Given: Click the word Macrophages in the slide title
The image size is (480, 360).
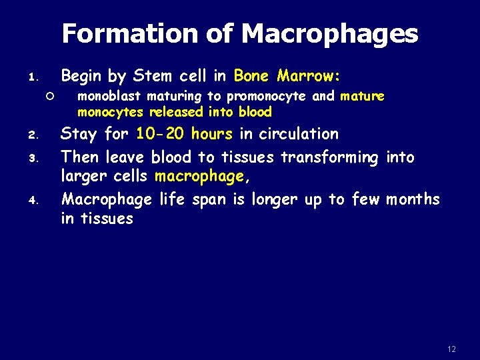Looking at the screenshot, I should pos(329,34).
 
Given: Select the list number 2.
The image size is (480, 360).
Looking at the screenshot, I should pos(38,135).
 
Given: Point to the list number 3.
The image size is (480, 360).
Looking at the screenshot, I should pos(38,159).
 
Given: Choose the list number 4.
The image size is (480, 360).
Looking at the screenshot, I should pos(38,201).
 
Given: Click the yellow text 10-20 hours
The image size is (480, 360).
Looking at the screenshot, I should pos(184,134).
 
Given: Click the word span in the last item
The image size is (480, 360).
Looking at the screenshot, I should pos(209,199).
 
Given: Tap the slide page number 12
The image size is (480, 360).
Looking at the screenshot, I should pos(451,349).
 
